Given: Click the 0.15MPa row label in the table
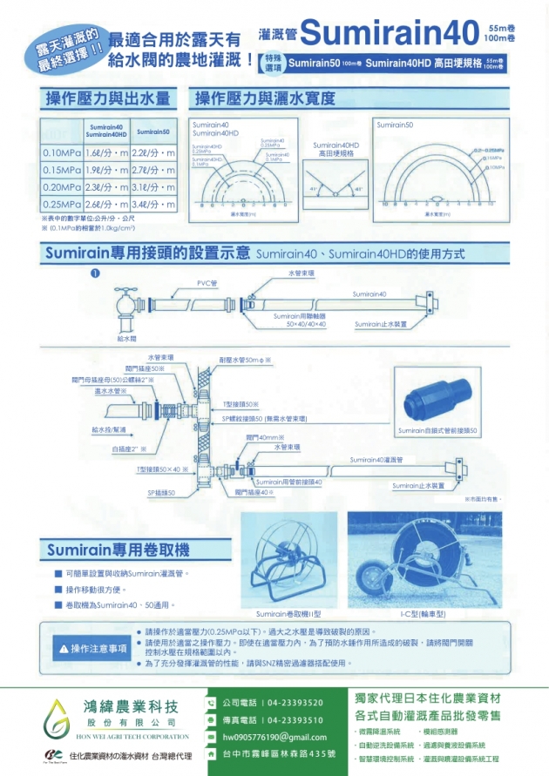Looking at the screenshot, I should [62, 170].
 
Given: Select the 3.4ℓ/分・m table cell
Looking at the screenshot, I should [154, 204].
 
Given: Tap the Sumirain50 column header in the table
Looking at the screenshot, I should [154, 131].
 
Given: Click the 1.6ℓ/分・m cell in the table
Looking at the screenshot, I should [107, 153].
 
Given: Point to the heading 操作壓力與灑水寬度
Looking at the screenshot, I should [265, 98].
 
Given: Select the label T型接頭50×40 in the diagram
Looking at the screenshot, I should [163, 469].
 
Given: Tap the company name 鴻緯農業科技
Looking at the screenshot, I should [132, 705].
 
